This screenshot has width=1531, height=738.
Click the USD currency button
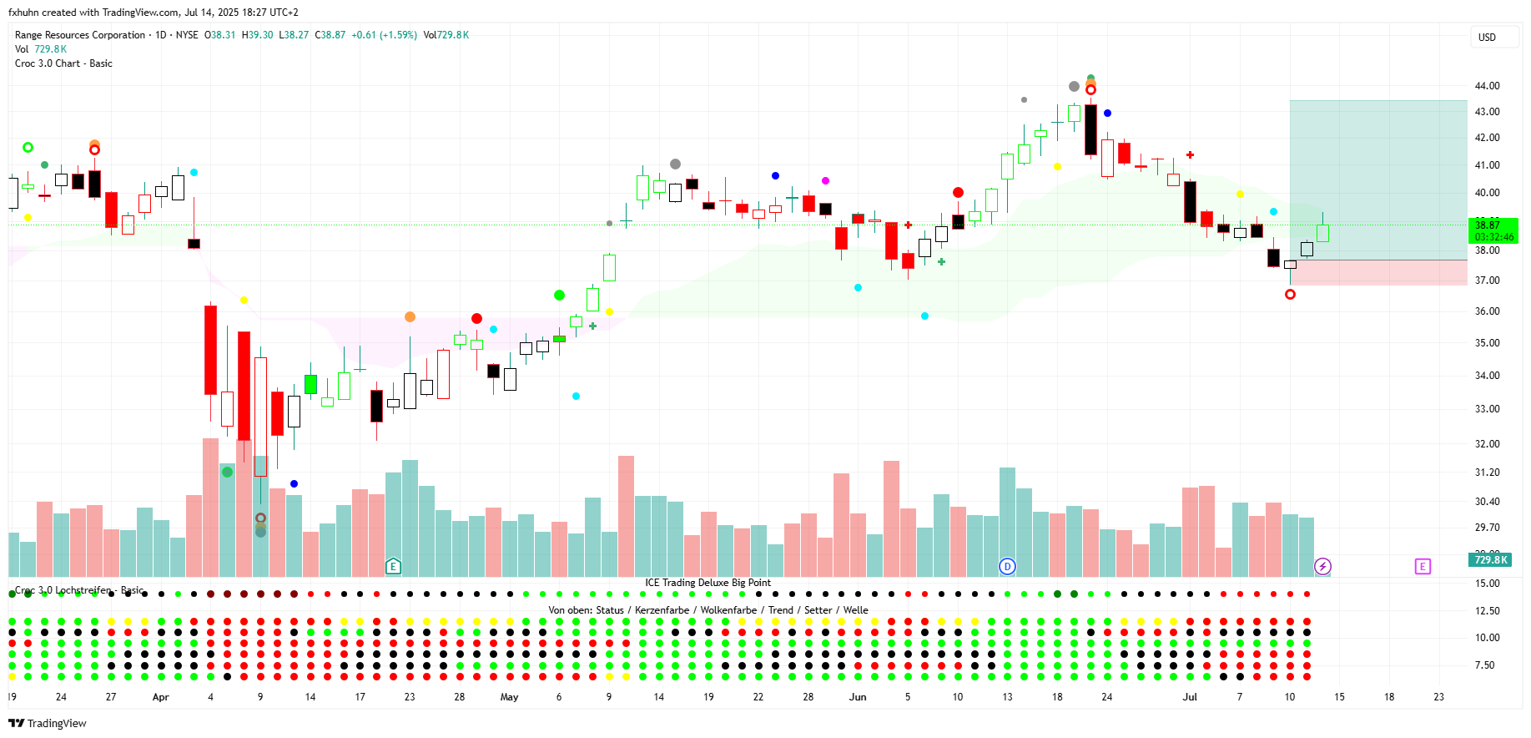point(1487,38)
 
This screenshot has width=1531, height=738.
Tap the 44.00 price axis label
point(1487,86)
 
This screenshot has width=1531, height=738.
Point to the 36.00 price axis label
point(1487,311)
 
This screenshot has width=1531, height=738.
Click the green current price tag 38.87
point(1493,225)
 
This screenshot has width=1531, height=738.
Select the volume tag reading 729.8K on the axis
point(1490,560)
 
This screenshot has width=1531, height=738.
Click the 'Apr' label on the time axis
point(160,697)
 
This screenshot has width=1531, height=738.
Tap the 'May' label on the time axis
point(509,697)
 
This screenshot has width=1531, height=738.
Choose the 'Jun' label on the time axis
point(858,697)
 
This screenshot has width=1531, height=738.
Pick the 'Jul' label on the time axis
point(1190,697)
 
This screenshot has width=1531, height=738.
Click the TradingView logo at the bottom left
point(48,723)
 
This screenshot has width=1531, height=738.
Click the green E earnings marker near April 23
point(393,567)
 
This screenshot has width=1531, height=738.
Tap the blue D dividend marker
point(1007,567)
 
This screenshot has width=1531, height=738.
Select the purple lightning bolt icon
point(1322,567)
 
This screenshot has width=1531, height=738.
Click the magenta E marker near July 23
point(1423,567)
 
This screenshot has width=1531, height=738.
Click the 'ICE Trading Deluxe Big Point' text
point(708,583)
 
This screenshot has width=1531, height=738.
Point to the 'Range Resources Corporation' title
point(80,35)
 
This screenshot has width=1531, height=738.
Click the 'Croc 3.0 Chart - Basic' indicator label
point(63,63)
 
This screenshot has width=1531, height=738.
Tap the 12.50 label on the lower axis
point(1487,611)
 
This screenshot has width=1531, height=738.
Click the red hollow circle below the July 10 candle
point(1290,294)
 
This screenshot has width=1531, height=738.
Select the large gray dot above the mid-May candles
point(675,164)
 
